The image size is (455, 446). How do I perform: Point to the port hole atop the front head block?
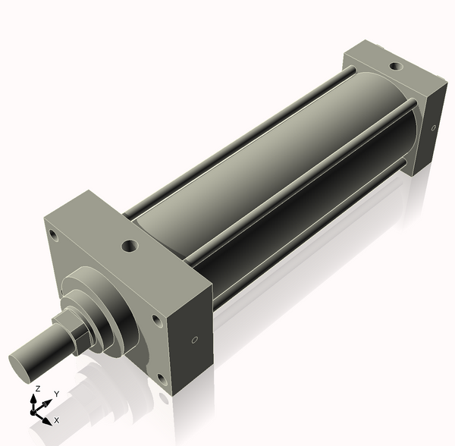coord(130,246)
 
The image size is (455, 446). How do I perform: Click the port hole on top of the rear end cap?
coord(394,66)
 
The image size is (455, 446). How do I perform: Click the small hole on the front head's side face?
coord(196,339)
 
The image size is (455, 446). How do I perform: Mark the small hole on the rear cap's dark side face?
coord(433,127)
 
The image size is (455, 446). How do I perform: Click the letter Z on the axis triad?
coord(37,389)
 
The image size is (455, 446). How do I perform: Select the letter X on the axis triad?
coord(56,419)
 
